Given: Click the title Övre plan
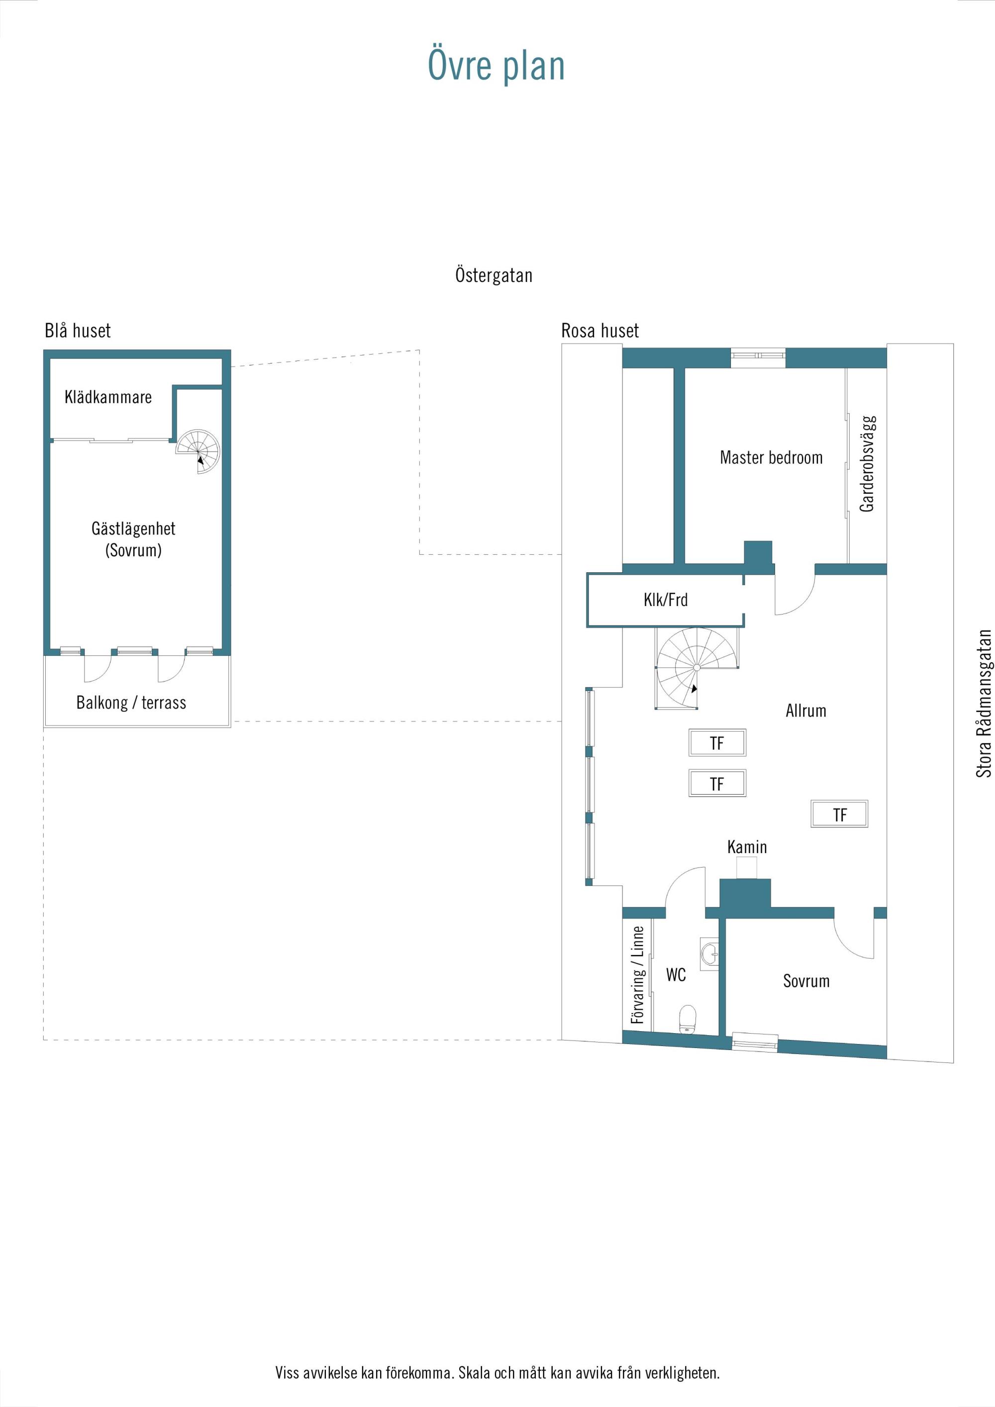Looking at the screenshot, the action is (496, 66).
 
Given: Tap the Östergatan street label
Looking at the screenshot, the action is (494, 275).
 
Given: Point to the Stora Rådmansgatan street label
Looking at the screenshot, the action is (984, 703).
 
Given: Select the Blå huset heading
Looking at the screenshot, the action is (78, 331).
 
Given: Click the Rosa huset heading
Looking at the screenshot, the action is (600, 331).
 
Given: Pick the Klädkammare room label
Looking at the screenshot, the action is (108, 397).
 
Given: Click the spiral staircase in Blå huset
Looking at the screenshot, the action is (198, 451).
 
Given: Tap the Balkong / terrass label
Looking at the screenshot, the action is (131, 703).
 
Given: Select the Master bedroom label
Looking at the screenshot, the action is (771, 457).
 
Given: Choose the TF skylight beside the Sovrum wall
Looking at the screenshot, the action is (839, 814).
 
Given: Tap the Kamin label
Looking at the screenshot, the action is (747, 847).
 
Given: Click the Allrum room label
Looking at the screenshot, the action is (805, 711).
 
